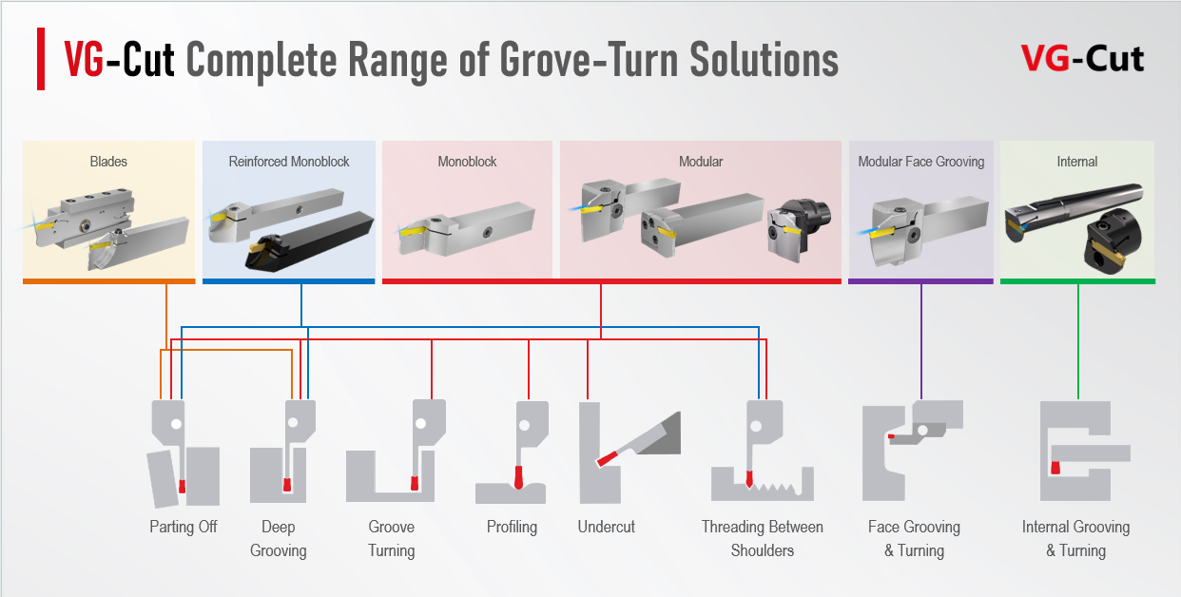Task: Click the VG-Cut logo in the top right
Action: click(1082, 59)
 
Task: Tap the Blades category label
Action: click(108, 162)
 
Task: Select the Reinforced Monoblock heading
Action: click(289, 162)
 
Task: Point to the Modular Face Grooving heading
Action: click(920, 162)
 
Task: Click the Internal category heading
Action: click(1077, 162)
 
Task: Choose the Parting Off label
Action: click(184, 527)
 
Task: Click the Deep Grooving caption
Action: click(279, 538)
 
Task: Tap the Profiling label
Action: click(512, 527)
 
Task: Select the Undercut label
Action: click(607, 527)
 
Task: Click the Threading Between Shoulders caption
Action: click(763, 538)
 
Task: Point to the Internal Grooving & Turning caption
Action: click(1075, 538)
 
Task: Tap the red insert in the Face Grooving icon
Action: click(891, 437)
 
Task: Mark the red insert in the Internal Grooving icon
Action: click(1055, 467)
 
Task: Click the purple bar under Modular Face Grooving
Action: click(920, 281)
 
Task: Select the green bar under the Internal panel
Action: click(1077, 281)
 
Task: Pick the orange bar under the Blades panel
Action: click(108, 281)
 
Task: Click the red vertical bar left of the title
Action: click(41, 59)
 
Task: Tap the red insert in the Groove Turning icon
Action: click(414, 484)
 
